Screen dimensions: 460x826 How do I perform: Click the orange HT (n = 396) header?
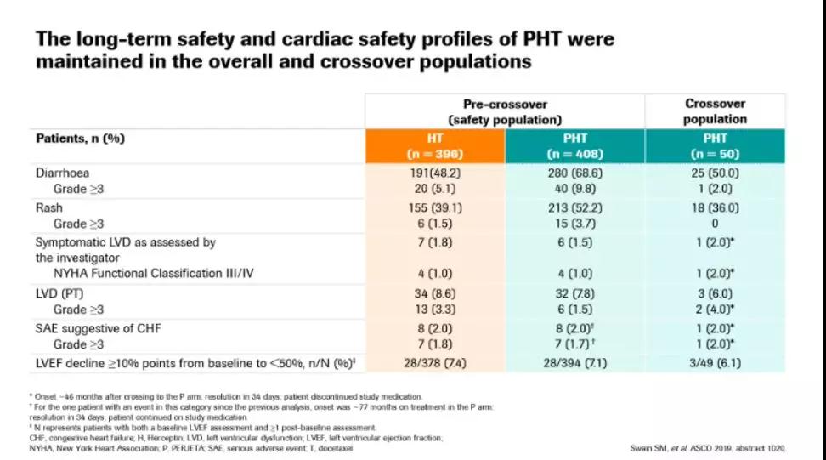point(435,145)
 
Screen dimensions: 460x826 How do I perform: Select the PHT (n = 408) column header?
point(574,145)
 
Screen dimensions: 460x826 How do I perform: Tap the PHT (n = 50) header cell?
point(715,145)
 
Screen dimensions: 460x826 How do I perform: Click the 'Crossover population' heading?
point(715,111)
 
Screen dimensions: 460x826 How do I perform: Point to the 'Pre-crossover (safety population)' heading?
point(505,111)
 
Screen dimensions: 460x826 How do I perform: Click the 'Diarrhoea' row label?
point(63,173)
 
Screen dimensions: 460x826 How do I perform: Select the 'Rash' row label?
point(49,207)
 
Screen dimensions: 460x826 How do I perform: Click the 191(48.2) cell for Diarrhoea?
point(435,173)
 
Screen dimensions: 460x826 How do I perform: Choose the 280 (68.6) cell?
point(574,173)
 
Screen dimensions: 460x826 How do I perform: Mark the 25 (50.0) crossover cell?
point(715,173)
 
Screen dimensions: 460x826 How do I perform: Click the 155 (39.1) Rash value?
point(435,207)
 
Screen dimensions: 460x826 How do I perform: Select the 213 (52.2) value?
point(574,207)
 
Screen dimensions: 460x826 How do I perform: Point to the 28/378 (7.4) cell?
point(435,364)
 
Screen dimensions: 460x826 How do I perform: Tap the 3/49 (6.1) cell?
point(715,364)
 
